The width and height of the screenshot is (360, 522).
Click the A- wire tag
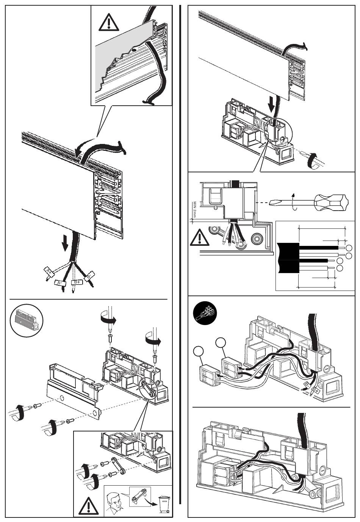pyautogui.click(x=59, y=283)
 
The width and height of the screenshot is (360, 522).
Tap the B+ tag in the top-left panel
pyautogui.click(x=76, y=282)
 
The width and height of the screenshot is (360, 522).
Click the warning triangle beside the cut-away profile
pyautogui.click(x=109, y=23)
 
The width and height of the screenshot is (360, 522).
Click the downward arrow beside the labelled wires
pyautogui.click(x=65, y=243)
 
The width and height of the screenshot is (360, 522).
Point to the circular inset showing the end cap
pyautogui.click(x=26, y=320)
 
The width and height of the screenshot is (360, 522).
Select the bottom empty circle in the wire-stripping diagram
pyautogui.click(x=340, y=268)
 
